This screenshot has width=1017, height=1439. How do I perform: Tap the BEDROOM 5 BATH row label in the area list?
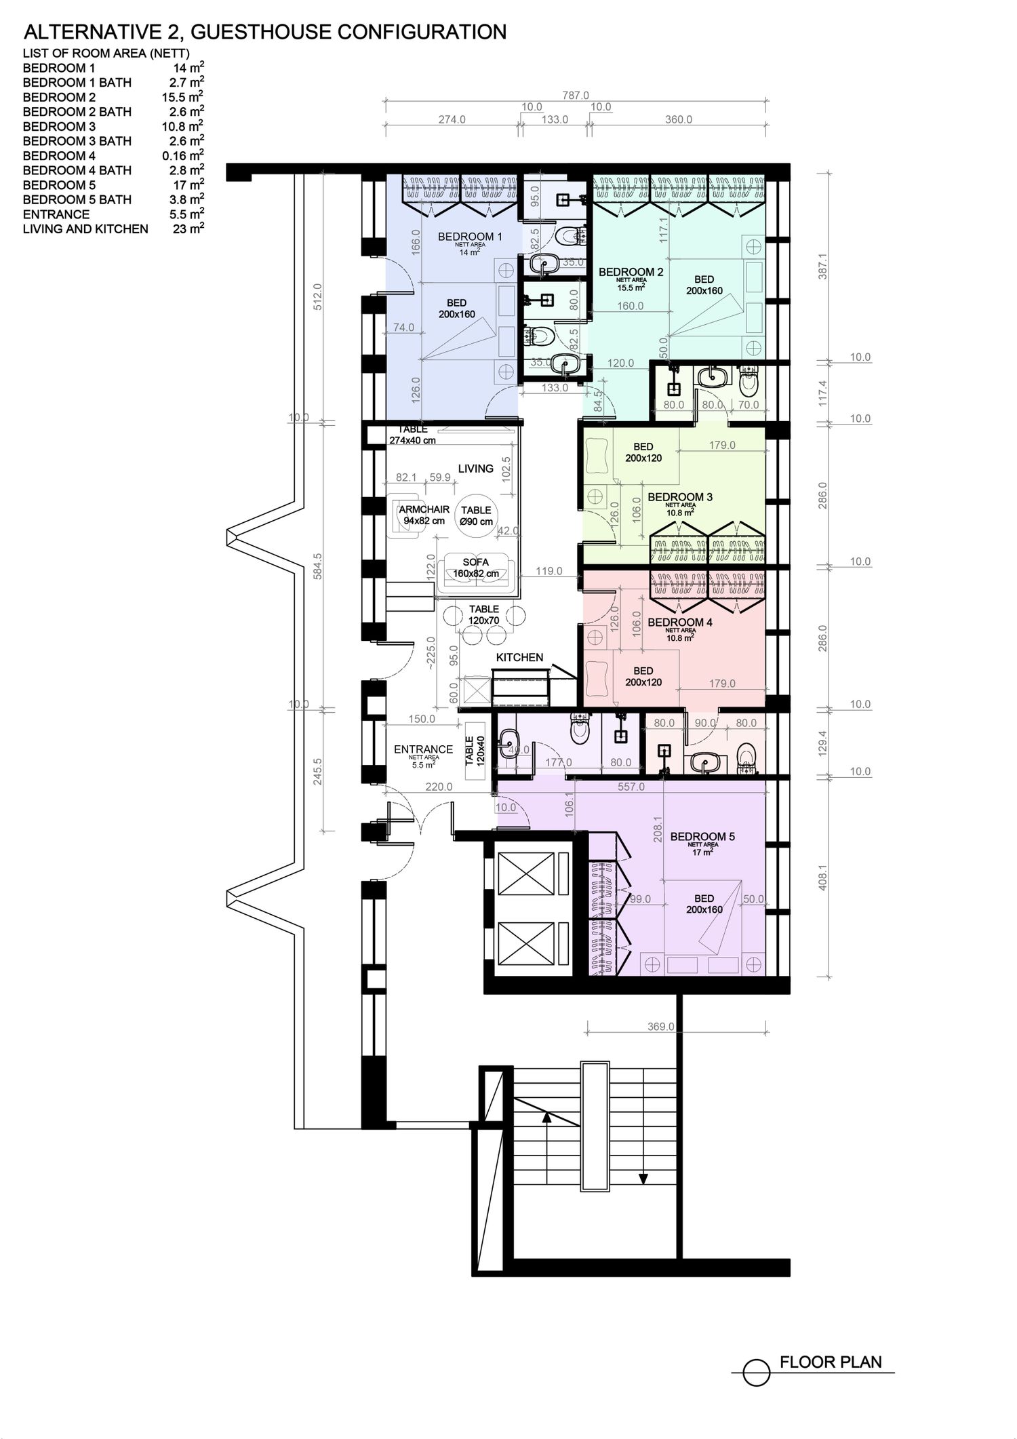(77, 199)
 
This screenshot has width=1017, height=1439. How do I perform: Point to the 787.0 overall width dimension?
(576, 96)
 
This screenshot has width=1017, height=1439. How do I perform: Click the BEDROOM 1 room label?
(470, 237)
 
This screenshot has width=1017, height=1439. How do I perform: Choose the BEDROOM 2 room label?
(631, 272)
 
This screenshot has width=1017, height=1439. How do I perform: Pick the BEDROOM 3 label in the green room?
(680, 497)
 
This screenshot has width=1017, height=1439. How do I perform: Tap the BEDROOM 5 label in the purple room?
(702, 837)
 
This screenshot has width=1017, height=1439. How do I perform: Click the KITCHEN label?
(519, 657)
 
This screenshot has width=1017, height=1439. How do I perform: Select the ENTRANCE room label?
(424, 749)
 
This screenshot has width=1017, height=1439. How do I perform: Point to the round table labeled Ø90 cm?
(476, 515)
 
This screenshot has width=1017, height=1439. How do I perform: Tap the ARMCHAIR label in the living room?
(424, 509)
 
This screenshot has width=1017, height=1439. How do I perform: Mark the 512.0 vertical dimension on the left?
(317, 296)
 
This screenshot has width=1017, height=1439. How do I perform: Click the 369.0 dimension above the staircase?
(661, 1027)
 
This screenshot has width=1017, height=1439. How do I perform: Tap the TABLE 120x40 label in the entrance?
(475, 751)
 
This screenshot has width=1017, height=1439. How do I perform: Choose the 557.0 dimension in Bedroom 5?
(631, 787)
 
